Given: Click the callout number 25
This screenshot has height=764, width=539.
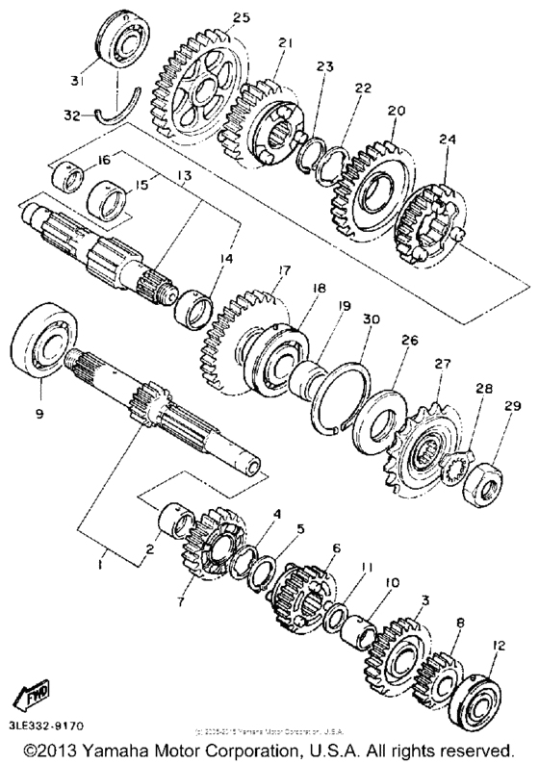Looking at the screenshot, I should click(241, 18).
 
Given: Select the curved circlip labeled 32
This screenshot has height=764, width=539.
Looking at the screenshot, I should click(124, 105).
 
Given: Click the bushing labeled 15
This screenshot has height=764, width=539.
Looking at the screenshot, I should click(108, 203).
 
